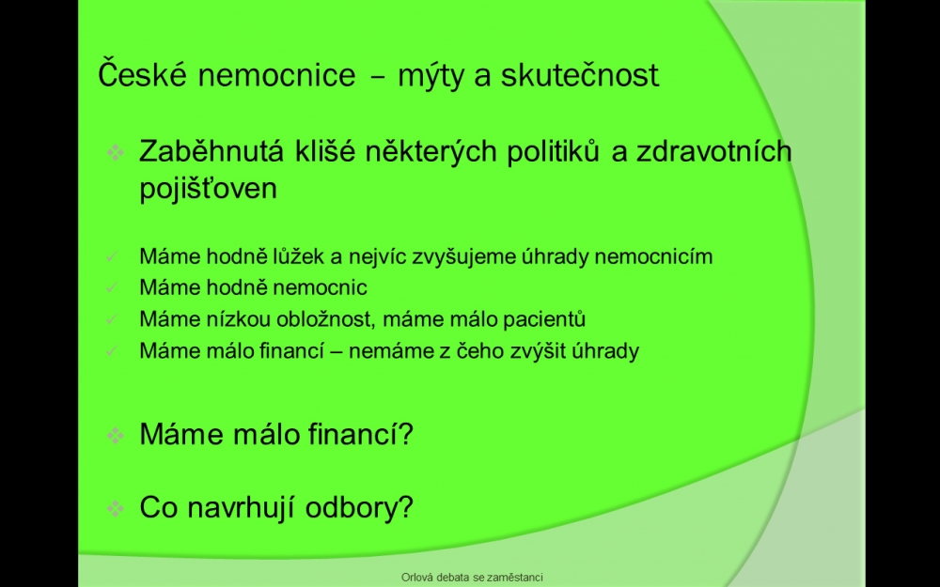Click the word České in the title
pos(143,73)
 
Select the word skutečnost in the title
pos(580,75)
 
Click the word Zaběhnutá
pos(211,151)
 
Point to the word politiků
pos(553,151)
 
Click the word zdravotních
pos(714,151)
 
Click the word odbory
pos(359,507)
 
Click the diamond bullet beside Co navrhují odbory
pos(115,508)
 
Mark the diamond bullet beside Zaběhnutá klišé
pos(115,152)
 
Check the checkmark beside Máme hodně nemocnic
pos(112,288)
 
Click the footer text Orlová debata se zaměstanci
pos(473,578)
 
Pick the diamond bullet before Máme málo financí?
pos(115,436)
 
